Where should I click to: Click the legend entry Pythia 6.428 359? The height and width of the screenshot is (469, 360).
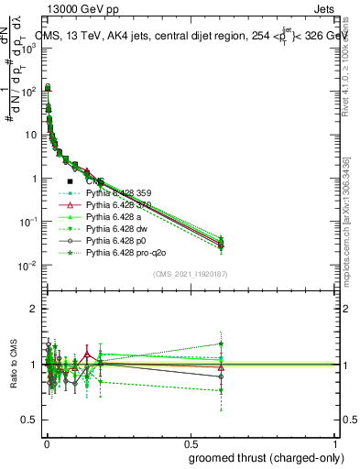(x=119, y=193)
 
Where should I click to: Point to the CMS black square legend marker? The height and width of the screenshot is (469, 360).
(x=70, y=182)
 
